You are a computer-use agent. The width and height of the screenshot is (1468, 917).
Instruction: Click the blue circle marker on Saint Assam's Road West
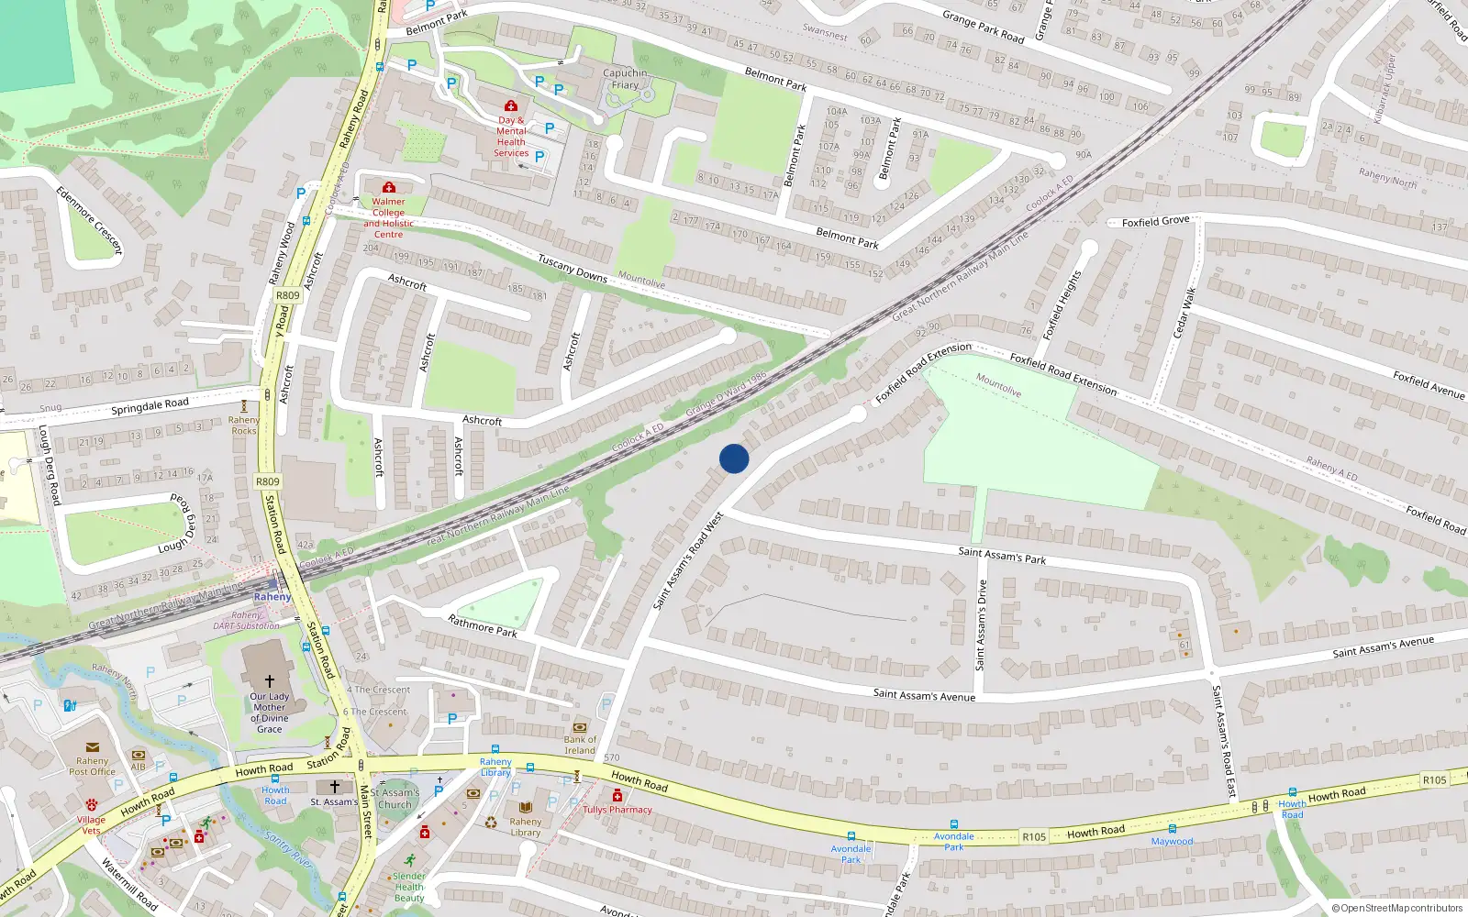(734, 458)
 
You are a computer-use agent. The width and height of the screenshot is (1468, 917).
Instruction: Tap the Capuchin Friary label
(625, 79)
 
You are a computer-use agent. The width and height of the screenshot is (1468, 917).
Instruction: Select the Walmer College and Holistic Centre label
(388, 218)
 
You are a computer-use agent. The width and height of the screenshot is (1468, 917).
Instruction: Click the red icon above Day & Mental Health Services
(511, 106)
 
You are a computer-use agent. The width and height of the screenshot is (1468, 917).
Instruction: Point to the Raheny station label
(272, 597)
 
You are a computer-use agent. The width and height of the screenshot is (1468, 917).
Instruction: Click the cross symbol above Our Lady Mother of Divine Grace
(270, 681)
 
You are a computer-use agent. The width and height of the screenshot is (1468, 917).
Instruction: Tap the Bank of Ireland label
(580, 745)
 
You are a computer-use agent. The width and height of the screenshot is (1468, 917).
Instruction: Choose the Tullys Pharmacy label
(617, 810)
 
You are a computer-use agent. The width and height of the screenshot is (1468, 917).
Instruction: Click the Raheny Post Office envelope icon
(93, 748)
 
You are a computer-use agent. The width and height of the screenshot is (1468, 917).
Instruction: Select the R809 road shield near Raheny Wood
(288, 295)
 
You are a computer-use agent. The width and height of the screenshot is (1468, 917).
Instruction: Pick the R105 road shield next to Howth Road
(1034, 836)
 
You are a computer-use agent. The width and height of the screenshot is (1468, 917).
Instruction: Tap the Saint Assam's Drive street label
(982, 624)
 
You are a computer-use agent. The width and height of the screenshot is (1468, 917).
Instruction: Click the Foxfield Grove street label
(1155, 221)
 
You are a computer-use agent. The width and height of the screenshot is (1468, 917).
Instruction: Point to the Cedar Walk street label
(1184, 312)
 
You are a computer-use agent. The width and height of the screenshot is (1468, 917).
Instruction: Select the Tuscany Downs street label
(573, 268)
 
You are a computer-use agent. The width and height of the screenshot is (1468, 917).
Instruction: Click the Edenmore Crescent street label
(89, 220)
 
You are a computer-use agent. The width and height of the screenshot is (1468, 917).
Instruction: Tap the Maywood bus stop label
(1173, 841)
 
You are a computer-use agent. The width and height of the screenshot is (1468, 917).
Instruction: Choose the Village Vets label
(91, 825)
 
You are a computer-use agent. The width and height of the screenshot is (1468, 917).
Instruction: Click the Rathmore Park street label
(483, 626)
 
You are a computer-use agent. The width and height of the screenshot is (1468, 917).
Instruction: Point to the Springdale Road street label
(150, 405)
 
